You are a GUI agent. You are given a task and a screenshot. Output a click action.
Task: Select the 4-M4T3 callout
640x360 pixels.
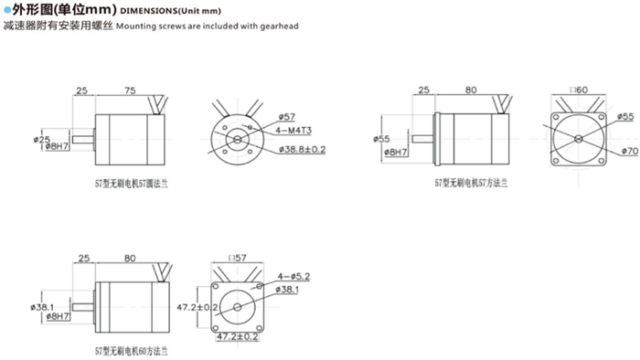(293, 132)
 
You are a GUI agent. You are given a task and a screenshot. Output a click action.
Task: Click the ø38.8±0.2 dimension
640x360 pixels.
(301, 148)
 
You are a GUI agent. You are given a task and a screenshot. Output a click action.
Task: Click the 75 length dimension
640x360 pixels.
(129, 90)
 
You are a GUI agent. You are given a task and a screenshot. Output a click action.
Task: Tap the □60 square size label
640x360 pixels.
(577, 90)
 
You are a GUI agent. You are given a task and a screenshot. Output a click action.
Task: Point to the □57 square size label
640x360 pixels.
(242, 259)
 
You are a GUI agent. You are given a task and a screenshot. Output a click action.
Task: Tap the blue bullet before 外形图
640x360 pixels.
(6, 12)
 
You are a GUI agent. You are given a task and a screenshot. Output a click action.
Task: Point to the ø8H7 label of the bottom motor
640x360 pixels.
(57, 316)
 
